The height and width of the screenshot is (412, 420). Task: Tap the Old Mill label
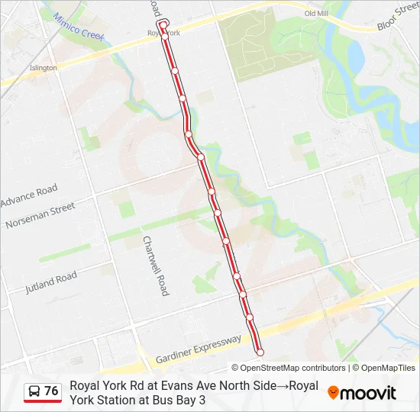tap(316, 14)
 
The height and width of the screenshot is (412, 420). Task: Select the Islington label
tap(44, 68)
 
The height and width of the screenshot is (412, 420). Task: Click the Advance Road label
tap(29, 195)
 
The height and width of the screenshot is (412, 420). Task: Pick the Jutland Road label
tap(50, 282)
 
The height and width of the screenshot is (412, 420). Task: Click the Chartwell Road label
tap(155, 265)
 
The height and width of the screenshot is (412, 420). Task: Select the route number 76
tap(51, 391)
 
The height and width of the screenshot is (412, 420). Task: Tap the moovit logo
tap(362, 393)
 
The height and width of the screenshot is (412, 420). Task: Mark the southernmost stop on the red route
tap(260, 352)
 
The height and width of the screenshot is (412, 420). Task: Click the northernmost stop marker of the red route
tap(163, 25)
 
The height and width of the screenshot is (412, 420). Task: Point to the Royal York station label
tap(164, 34)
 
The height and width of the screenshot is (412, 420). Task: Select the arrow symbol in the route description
tap(282, 386)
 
